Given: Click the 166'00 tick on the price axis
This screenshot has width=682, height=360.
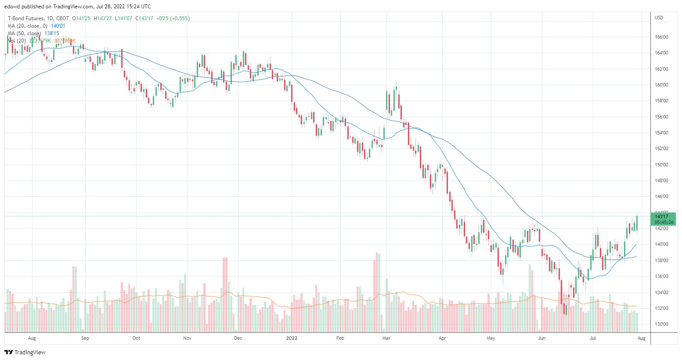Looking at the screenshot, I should [661, 37].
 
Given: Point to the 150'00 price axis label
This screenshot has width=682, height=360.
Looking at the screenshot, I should [661, 165].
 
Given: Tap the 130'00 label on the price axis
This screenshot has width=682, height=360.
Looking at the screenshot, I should [661, 324].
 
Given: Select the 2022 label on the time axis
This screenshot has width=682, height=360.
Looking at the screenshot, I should [292, 338].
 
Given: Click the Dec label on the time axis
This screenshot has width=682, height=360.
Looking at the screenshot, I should [238, 338].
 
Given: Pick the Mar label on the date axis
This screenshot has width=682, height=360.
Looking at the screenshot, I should [386, 338].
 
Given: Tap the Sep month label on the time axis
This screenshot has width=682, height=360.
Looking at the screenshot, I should [85, 338].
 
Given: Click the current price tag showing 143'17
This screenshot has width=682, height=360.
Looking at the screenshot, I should [661, 216].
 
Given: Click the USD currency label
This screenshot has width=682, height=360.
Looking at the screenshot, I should [659, 18].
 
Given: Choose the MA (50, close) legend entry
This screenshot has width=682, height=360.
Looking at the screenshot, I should [25, 33].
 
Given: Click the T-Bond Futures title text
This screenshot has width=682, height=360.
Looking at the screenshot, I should [26, 18].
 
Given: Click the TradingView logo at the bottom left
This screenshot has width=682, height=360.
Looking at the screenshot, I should [25, 352].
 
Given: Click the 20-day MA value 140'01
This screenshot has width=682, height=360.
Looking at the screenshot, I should [58, 26].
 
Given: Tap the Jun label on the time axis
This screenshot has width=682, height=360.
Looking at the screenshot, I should [542, 338].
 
